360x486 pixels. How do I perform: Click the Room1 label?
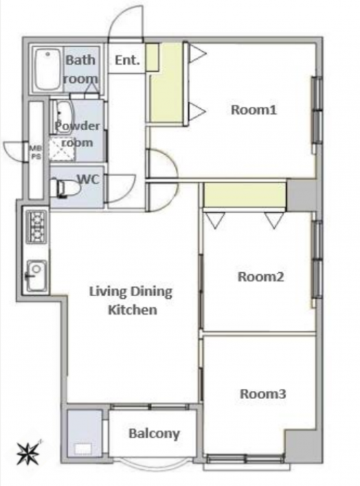(254, 110)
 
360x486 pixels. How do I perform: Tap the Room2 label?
(260, 277)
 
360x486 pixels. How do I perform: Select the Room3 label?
(263, 394)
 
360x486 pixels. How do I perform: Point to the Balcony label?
(154, 434)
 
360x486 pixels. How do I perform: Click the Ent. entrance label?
(128, 60)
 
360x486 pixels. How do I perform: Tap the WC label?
(88, 179)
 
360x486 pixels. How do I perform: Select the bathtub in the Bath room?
(47, 70)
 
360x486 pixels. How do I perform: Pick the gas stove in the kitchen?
(37, 226)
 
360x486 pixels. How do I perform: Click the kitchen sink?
(36, 275)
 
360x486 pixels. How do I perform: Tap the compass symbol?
(28, 453)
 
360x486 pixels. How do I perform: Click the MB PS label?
(36, 152)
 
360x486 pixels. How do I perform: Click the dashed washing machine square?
(63, 149)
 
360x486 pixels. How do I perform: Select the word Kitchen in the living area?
(133, 310)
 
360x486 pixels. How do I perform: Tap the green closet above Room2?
(244, 195)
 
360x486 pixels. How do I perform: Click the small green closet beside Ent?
(152, 57)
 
